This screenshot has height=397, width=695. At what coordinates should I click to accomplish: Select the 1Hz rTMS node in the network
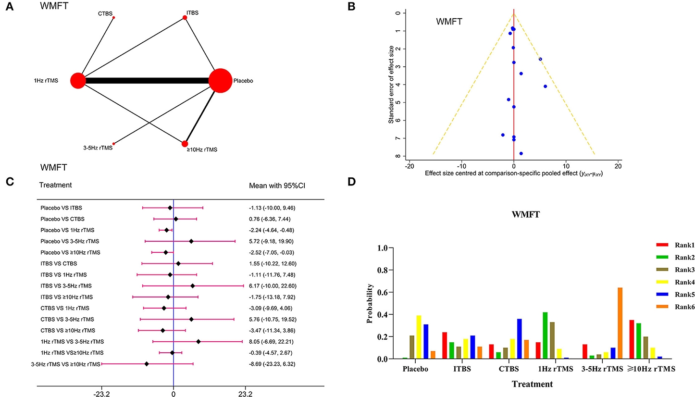pyautogui.click(x=78, y=80)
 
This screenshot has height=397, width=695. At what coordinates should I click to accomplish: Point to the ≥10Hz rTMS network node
pyautogui.click(x=185, y=143)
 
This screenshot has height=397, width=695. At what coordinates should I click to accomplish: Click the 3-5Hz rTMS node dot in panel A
pyautogui.click(x=114, y=143)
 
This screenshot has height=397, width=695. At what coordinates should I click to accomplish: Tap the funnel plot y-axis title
pyautogui.click(x=392, y=84)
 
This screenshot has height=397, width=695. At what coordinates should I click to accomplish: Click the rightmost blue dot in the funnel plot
pyautogui.click(x=545, y=87)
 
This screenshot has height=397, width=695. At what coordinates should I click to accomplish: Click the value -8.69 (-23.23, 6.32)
pyautogui.click(x=270, y=364)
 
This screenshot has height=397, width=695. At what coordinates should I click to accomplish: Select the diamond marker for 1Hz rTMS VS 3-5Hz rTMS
pyautogui.click(x=199, y=341)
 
